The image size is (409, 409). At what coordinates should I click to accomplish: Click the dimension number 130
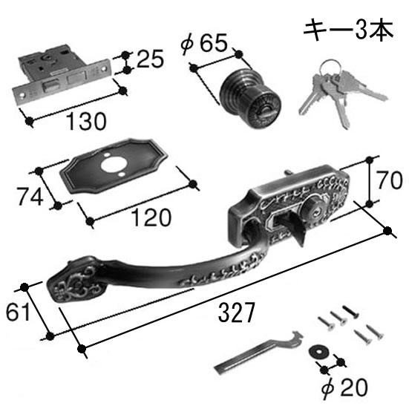(x=86, y=121)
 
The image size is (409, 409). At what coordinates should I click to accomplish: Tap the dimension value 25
(x=150, y=59)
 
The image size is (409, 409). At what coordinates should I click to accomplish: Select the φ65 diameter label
(x=204, y=43)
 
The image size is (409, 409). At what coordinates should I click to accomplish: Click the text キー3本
(x=348, y=29)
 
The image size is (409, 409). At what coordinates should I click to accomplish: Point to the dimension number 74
(x=30, y=197)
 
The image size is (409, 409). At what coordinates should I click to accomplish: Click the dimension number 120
(x=151, y=217)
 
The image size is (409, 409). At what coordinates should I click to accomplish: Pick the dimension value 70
(x=390, y=180)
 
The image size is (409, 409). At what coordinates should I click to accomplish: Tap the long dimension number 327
(x=236, y=313)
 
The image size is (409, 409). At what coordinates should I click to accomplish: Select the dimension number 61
(x=17, y=313)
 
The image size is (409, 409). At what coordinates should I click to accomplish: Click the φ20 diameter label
(x=344, y=388)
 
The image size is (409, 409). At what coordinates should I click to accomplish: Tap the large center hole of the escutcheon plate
(x=114, y=165)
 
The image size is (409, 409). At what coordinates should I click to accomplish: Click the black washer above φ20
(x=318, y=352)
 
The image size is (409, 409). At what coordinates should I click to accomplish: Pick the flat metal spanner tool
(x=258, y=352)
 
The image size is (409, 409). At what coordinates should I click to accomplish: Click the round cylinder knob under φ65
(x=249, y=98)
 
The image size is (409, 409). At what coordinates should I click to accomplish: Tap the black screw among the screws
(x=350, y=312)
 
